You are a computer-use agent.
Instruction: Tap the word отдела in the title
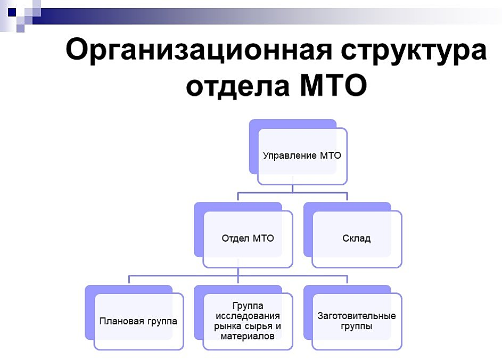pyautogui.click(x=238, y=85)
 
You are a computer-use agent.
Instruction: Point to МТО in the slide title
pyautogui.click(x=333, y=85)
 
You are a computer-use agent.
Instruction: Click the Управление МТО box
pyautogui.click(x=302, y=156)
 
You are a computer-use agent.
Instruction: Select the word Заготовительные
pyautogui.click(x=357, y=316)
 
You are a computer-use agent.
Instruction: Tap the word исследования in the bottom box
pyautogui.click(x=248, y=316)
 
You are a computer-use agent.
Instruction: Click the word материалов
pyautogui.click(x=248, y=336)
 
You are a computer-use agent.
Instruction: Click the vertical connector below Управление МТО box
pyautogui.click(x=293, y=184)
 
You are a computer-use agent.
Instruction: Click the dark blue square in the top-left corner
pyautogui.click(x=12, y=12)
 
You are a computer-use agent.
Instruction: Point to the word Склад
pyautogui.click(x=357, y=239)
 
